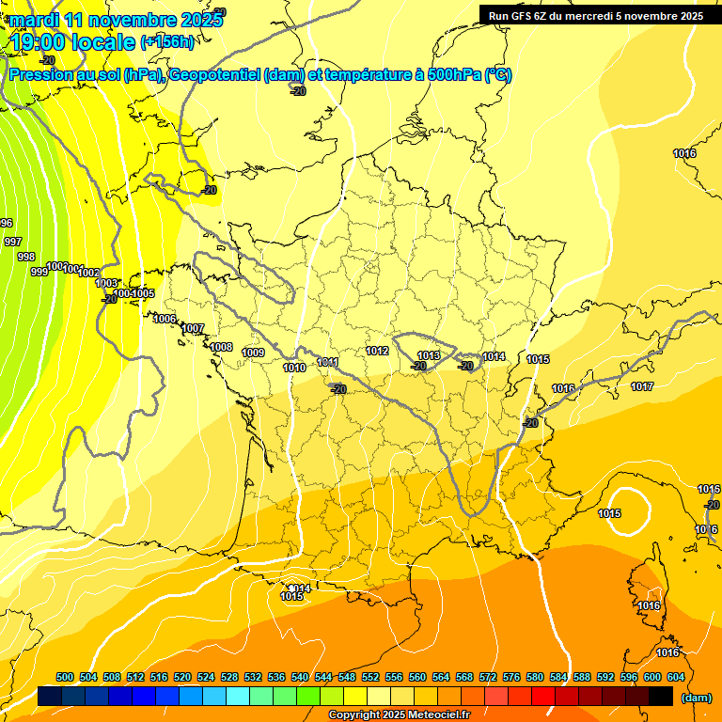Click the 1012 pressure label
377,351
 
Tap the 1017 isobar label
642,386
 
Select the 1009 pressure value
253,353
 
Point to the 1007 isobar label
194,328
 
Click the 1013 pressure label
429,355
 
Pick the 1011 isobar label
327,362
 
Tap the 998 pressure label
26,257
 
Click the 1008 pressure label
221,347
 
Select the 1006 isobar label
165,319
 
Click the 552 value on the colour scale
370,677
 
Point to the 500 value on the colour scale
65,677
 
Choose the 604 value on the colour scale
676,677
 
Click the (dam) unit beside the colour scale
696,698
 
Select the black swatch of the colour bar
661,697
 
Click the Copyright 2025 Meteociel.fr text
399,715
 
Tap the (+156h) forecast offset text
167,41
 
